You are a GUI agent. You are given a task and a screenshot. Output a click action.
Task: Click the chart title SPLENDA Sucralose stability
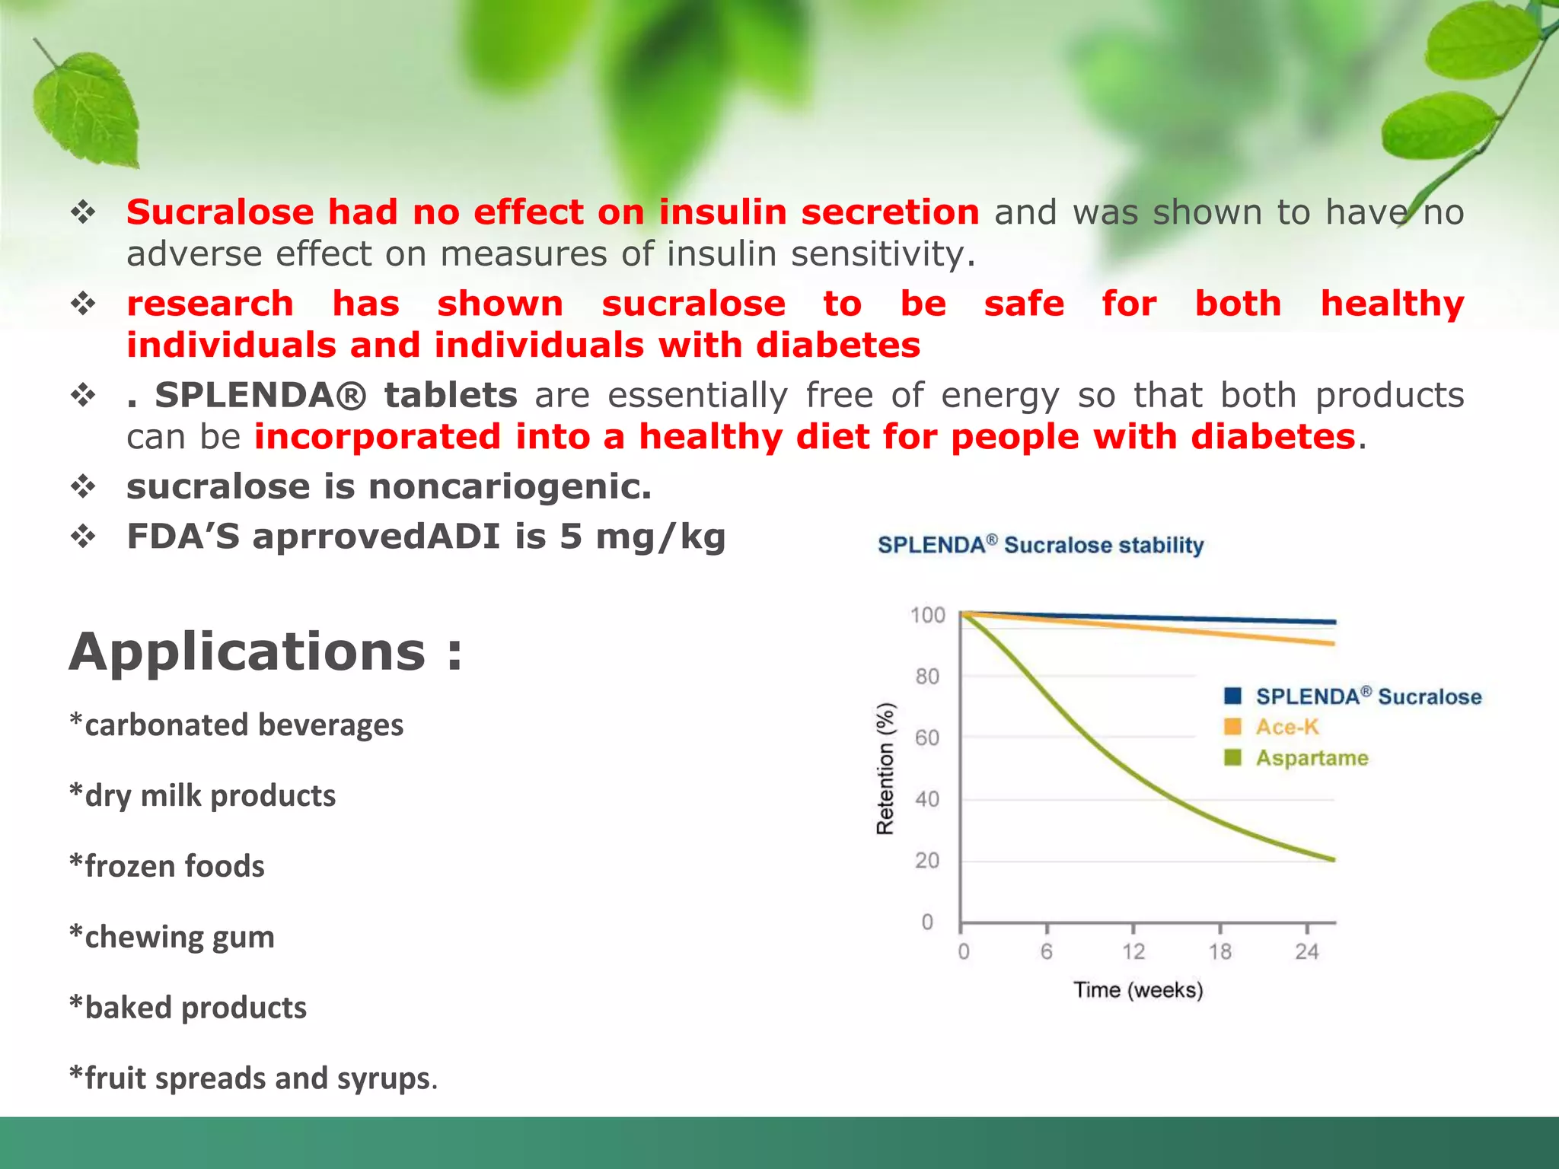(x=1041, y=545)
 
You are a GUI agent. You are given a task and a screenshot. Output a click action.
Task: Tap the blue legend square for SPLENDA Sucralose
(x=1232, y=696)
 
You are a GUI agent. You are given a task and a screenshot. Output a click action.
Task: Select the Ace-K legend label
(x=1286, y=727)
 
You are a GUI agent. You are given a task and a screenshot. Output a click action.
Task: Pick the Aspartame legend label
(x=1312, y=758)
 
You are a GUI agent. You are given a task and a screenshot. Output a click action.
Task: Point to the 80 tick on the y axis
(x=926, y=676)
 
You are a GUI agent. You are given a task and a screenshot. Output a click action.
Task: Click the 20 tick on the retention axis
(x=926, y=860)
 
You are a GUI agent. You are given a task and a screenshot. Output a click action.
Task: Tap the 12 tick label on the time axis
(x=1133, y=951)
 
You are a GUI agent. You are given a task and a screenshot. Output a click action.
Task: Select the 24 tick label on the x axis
(x=1306, y=951)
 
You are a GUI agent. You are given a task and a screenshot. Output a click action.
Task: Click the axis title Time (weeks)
(x=1138, y=990)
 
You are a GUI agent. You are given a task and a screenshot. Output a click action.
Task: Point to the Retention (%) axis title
(x=885, y=768)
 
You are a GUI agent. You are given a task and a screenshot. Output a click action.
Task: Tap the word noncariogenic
(x=509, y=486)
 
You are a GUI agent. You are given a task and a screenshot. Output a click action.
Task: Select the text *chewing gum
(x=172, y=937)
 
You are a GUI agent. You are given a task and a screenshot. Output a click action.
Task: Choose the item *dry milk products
(x=202, y=795)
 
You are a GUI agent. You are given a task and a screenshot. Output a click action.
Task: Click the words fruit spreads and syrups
(x=258, y=1078)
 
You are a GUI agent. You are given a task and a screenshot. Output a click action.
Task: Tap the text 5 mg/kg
(x=642, y=537)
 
